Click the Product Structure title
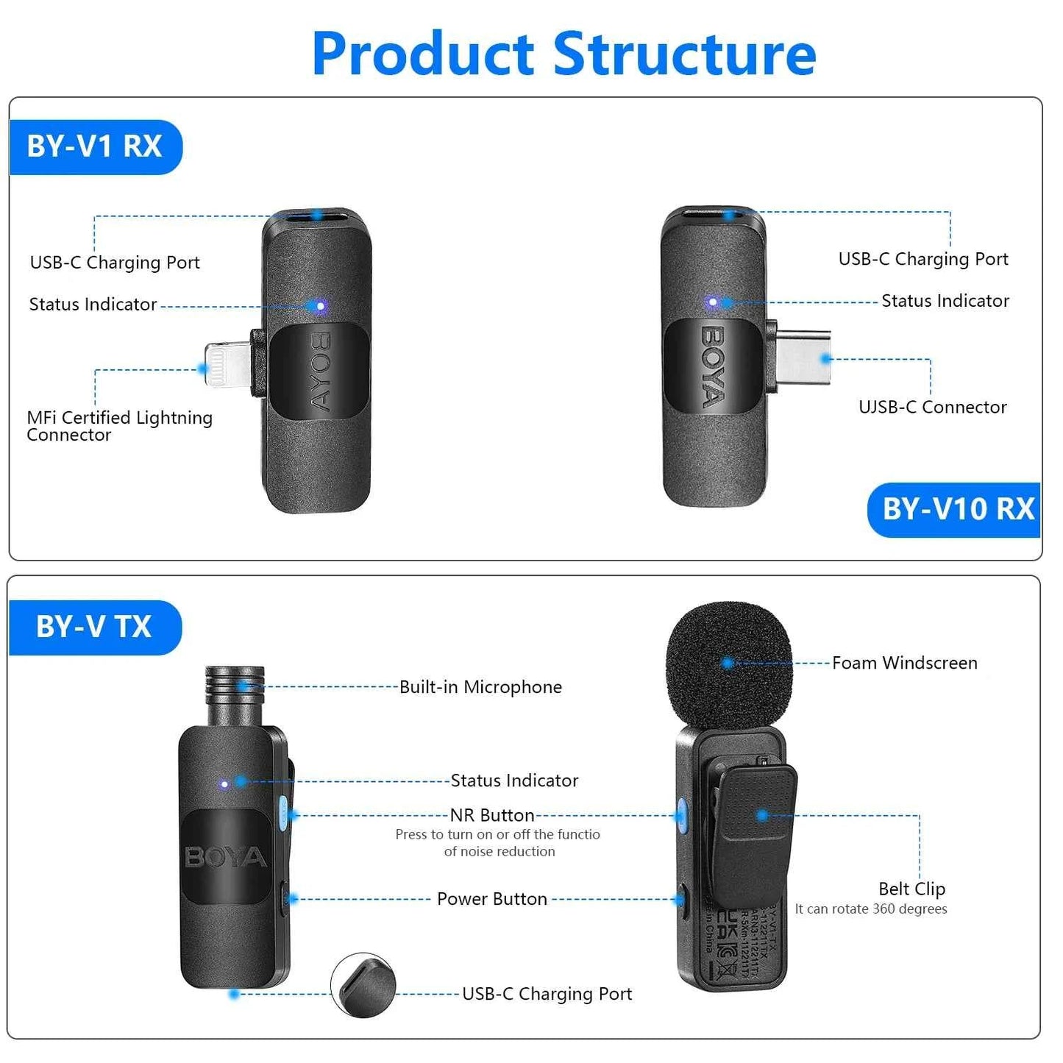(x=564, y=54)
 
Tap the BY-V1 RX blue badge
(x=95, y=146)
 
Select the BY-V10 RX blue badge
(x=956, y=509)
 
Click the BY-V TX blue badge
(x=94, y=627)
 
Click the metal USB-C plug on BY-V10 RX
(x=803, y=358)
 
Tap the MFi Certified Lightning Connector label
(x=119, y=426)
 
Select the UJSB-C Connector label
(x=932, y=407)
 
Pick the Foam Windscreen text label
(x=904, y=663)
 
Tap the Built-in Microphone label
(x=480, y=687)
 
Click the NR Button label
(x=491, y=815)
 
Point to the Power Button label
(x=491, y=899)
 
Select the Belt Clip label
(x=911, y=889)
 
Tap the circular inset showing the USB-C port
(x=363, y=986)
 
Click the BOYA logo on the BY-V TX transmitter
(x=225, y=857)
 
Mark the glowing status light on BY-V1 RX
(x=320, y=305)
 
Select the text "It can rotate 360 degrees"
(x=871, y=909)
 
